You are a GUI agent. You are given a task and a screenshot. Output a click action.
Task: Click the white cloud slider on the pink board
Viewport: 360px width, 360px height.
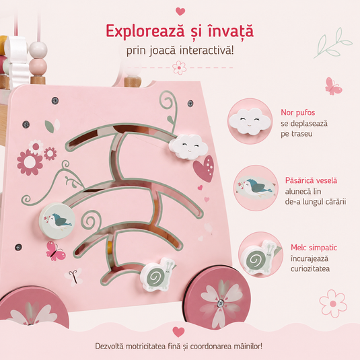[x=188, y=147]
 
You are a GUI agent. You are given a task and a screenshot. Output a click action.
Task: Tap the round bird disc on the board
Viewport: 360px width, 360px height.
[x=57, y=221]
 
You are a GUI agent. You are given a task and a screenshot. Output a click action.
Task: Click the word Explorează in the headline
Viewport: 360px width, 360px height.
[x=145, y=31]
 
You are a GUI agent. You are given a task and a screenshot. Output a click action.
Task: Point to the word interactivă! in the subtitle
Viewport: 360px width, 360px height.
[x=207, y=50]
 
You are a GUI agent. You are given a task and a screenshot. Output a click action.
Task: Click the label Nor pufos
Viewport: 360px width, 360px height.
[x=298, y=112]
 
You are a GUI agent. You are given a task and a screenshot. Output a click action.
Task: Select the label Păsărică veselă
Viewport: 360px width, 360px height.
[x=311, y=180]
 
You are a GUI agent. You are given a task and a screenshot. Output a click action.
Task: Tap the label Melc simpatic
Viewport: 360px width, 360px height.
[x=314, y=248]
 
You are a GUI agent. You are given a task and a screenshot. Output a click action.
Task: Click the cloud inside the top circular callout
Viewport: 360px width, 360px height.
[x=250, y=120]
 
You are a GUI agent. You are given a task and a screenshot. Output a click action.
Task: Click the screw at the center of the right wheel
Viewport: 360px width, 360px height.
[x=221, y=303]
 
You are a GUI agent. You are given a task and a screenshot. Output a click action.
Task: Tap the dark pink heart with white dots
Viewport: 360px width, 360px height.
[x=204, y=168]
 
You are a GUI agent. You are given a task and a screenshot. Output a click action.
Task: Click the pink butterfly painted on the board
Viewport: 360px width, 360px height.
[x=56, y=251]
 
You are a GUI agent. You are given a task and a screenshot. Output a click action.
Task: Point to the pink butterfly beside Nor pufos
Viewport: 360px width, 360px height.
[x=333, y=86]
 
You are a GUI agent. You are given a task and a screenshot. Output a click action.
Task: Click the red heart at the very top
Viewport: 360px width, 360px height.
[x=180, y=11]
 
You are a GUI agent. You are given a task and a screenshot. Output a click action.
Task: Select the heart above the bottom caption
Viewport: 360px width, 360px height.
[x=178, y=332]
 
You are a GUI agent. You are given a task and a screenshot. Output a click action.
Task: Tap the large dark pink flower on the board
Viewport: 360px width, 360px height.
[x=30, y=162]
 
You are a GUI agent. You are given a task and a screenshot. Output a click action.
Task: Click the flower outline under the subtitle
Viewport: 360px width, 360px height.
[x=179, y=68]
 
